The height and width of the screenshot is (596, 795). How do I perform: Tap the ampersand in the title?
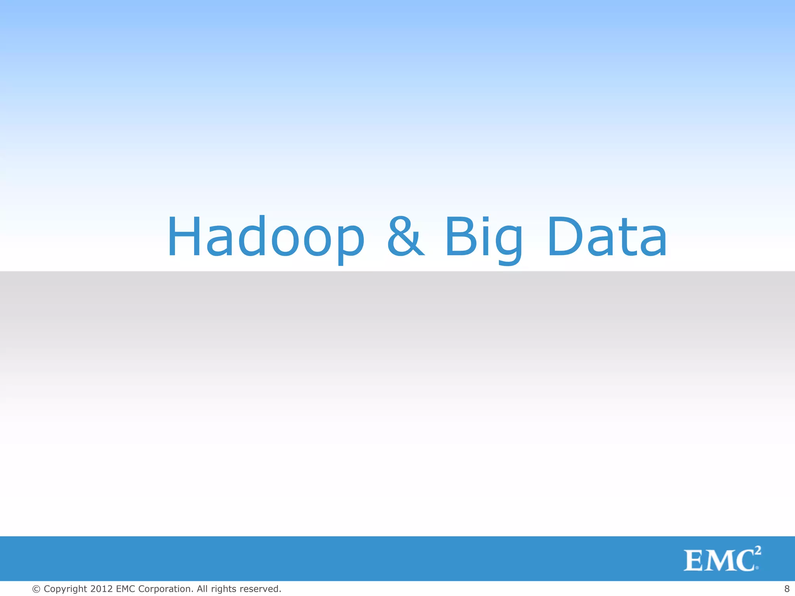[x=405, y=237]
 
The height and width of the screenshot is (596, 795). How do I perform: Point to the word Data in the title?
[x=608, y=237]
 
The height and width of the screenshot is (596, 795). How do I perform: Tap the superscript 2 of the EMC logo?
[x=757, y=551]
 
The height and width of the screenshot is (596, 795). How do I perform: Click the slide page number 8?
[x=787, y=589]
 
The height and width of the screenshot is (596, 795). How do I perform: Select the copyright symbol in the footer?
[x=36, y=589]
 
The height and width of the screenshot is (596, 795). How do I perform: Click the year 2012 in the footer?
[x=101, y=589]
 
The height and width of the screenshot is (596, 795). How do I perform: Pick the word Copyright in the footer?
[x=65, y=589]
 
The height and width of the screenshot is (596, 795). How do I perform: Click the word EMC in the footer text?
[x=125, y=589]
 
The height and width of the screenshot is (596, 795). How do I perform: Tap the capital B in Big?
[x=460, y=237]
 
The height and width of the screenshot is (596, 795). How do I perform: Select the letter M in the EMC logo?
[x=721, y=561]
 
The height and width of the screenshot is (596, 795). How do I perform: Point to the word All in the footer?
[x=202, y=589]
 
